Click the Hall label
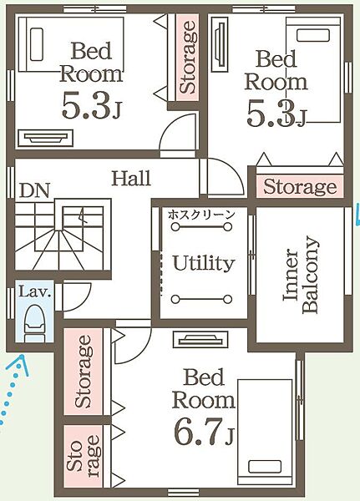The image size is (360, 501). (x=131, y=179)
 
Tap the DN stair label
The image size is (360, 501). (x=34, y=190)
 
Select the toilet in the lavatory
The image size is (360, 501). (x=34, y=324)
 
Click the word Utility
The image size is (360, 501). (x=204, y=263)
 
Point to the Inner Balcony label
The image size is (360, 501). (x=301, y=276)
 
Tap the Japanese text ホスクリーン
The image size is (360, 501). (x=201, y=215)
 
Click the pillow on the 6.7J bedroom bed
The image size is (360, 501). (x=265, y=468)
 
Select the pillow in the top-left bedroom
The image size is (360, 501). (x=37, y=44)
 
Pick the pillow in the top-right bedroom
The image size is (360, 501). (x=313, y=35)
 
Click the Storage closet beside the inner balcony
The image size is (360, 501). (x=300, y=186)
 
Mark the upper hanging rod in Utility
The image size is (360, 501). (x=201, y=227)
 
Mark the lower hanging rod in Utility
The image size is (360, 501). (x=201, y=300)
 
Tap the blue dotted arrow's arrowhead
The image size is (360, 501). (x=22, y=362)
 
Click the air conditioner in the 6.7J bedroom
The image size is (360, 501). (x=200, y=339)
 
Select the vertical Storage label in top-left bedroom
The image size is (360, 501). (x=188, y=58)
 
